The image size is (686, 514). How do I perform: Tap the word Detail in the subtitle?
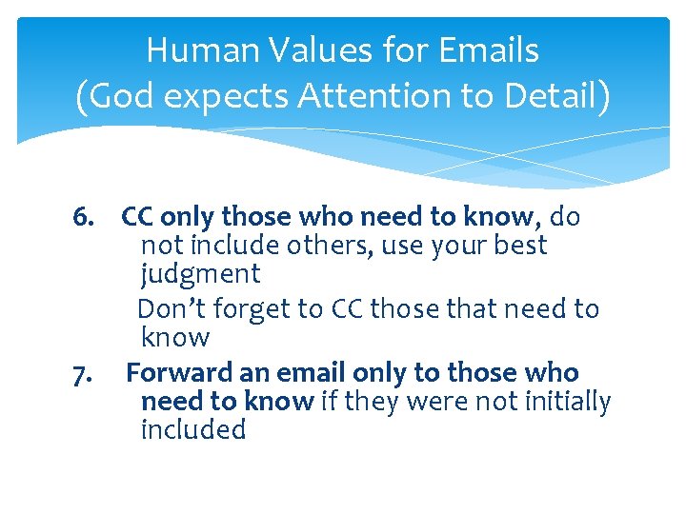pos(548,97)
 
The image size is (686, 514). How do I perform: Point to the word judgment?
pos(200,275)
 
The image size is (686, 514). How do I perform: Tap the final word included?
pos(192,430)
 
